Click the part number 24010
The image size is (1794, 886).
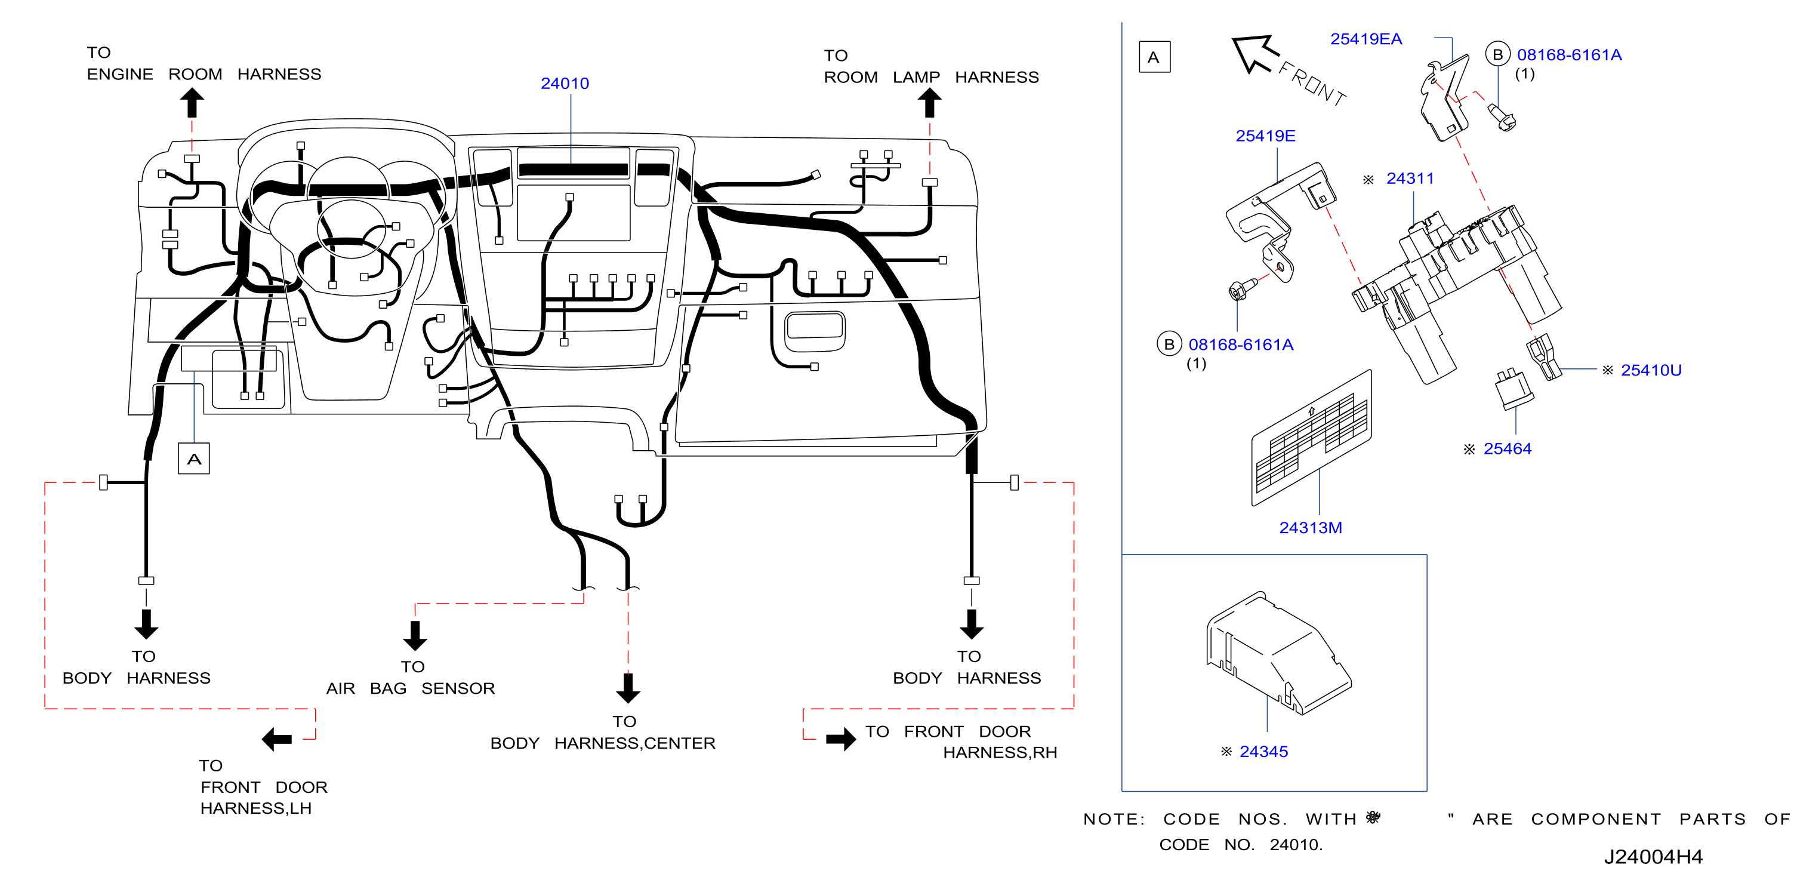[x=565, y=84]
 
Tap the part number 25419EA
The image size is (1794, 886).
[x=1365, y=39]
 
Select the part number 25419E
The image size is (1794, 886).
[x=1265, y=136]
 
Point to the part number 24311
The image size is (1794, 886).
[x=1410, y=179]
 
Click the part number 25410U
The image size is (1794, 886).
[x=1651, y=370]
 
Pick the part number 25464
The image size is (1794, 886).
[x=1508, y=448]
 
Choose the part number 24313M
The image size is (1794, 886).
[x=1311, y=528]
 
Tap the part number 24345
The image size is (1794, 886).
[x=1264, y=752]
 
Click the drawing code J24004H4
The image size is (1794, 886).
[x=1653, y=857]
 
